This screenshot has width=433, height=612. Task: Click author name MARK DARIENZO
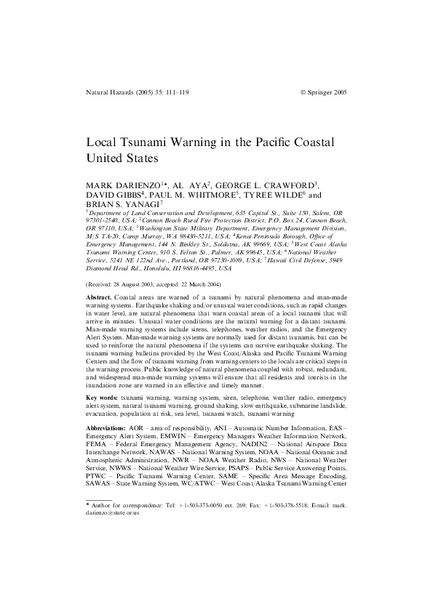click(x=124, y=185)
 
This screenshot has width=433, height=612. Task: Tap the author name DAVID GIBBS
click(x=114, y=196)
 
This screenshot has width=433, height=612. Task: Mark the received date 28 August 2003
click(x=143, y=284)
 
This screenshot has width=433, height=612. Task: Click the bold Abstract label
click(x=99, y=299)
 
